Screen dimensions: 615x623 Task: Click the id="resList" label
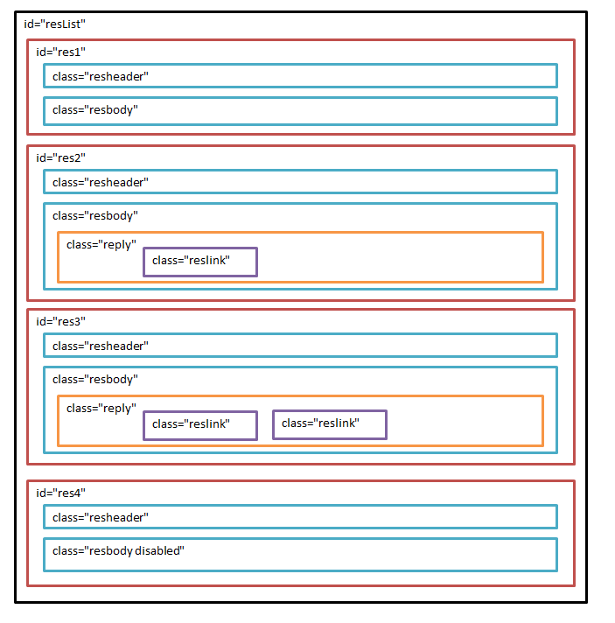click(x=55, y=24)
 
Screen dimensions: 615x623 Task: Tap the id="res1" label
click(x=60, y=52)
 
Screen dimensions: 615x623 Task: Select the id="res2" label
click(x=60, y=158)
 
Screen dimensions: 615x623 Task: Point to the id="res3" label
click(x=60, y=322)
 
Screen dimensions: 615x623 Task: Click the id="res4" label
click(x=60, y=493)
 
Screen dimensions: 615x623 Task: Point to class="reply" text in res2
click(x=101, y=245)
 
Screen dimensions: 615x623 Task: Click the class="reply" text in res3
click(x=101, y=409)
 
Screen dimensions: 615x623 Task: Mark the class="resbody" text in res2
click(x=95, y=216)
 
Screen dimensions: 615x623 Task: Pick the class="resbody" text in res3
click(x=95, y=380)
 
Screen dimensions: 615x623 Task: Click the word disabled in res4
click(x=157, y=551)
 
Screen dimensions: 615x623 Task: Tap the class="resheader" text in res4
click(x=101, y=518)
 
